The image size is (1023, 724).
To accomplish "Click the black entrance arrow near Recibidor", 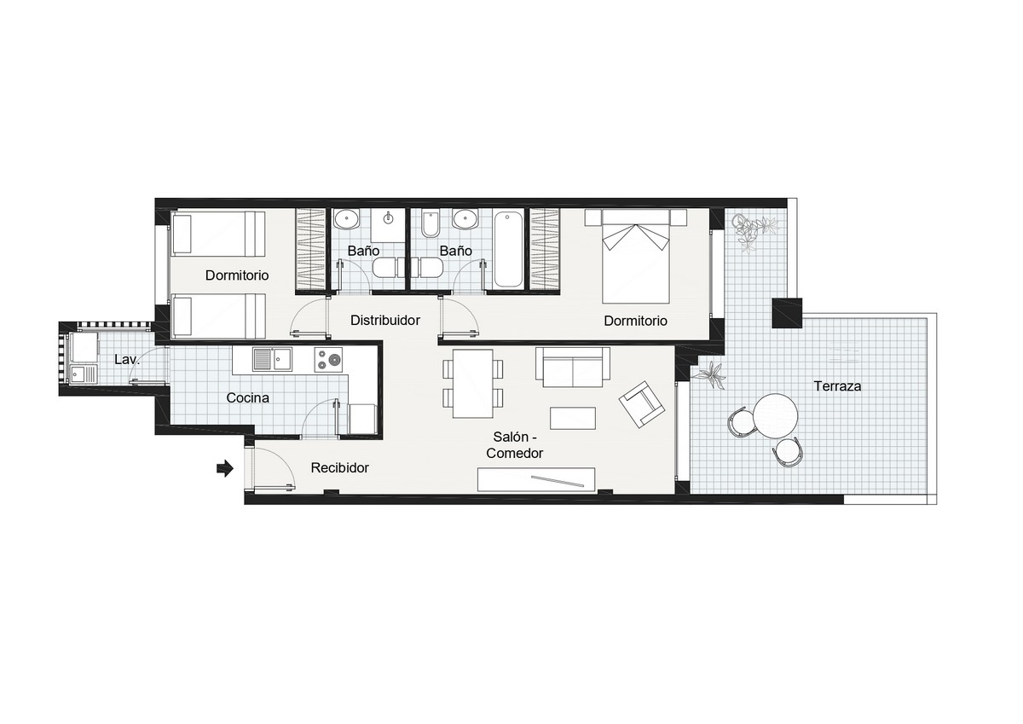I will coord(225,468).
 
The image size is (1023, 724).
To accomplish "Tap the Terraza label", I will coord(836,386).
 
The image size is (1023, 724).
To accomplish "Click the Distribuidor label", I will coord(385,321).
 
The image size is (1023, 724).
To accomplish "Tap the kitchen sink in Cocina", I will coord(273,361).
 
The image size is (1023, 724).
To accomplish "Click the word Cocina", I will coord(248,397).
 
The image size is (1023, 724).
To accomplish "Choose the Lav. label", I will coord(126,361).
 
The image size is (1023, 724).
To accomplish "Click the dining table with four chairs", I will coord(472,384).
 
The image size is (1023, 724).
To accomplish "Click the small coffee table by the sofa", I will coord(574,418).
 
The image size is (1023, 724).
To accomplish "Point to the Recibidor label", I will coord(339,468).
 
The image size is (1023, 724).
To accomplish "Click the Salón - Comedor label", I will coord(515,445).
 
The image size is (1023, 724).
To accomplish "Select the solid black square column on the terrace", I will coord(788,313).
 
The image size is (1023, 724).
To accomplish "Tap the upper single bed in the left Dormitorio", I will coord(219,234).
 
